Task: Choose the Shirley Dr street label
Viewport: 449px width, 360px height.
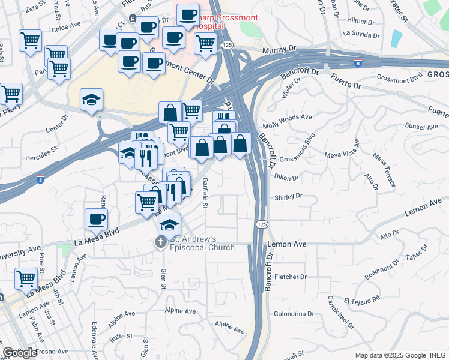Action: point(288,196)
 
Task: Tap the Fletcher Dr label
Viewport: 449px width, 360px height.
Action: point(291,277)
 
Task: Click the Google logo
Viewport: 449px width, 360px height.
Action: point(20,353)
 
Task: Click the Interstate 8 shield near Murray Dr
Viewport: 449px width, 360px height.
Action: point(357,63)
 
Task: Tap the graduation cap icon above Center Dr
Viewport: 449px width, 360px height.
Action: point(92,100)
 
